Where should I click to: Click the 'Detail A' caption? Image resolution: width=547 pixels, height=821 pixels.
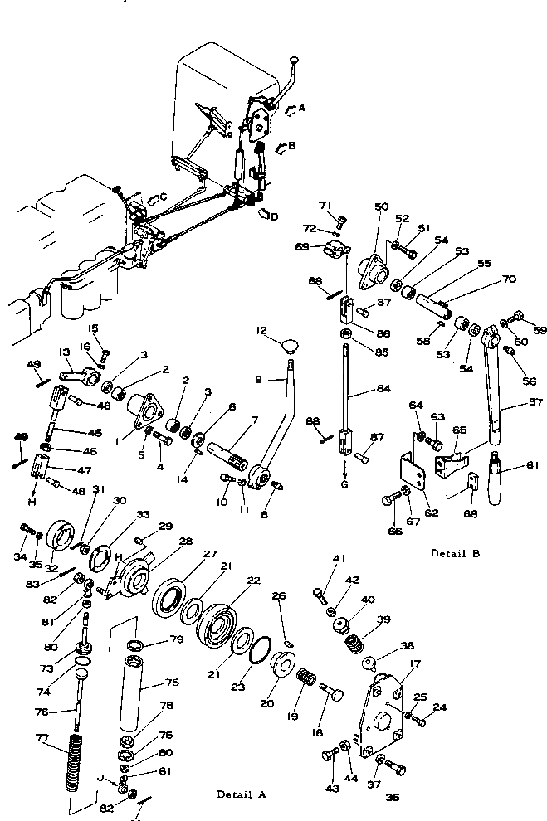[x=242, y=794]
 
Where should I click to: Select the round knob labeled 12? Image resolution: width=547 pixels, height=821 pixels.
[x=290, y=345]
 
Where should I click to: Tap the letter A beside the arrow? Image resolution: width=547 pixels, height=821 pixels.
[x=301, y=108]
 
